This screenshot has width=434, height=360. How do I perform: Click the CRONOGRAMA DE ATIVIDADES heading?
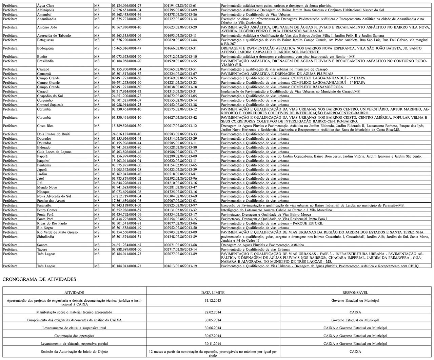pyautogui.click(x=39, y=279)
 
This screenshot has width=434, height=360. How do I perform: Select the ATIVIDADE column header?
pyautogui.click(x=74, y=292)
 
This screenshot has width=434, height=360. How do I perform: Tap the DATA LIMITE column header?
pyautogui.click(x=213, y=292)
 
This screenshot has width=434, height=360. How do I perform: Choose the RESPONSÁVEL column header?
pyautogui.click(x=355, y=292)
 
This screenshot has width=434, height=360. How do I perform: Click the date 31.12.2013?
pyautogui.click(x=213, y=300)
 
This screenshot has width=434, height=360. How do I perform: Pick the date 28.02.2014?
pyautogui.click(x=213, y=312)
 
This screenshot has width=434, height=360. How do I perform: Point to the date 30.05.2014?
pyautogui.click(x=213, y=320)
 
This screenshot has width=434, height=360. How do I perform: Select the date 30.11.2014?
pyautogui.click(x=213, y=344)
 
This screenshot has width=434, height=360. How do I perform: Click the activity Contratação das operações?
pyautogui.click(x=74, y=336)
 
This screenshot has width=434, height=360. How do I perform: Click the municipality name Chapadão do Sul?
pyautogui.click(x=51, y=96)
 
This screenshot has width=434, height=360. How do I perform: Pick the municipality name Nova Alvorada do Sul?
pyautogui.click(x=54, y=196)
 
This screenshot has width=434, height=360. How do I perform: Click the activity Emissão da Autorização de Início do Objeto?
pyautogui.click(x=74, y=352)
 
